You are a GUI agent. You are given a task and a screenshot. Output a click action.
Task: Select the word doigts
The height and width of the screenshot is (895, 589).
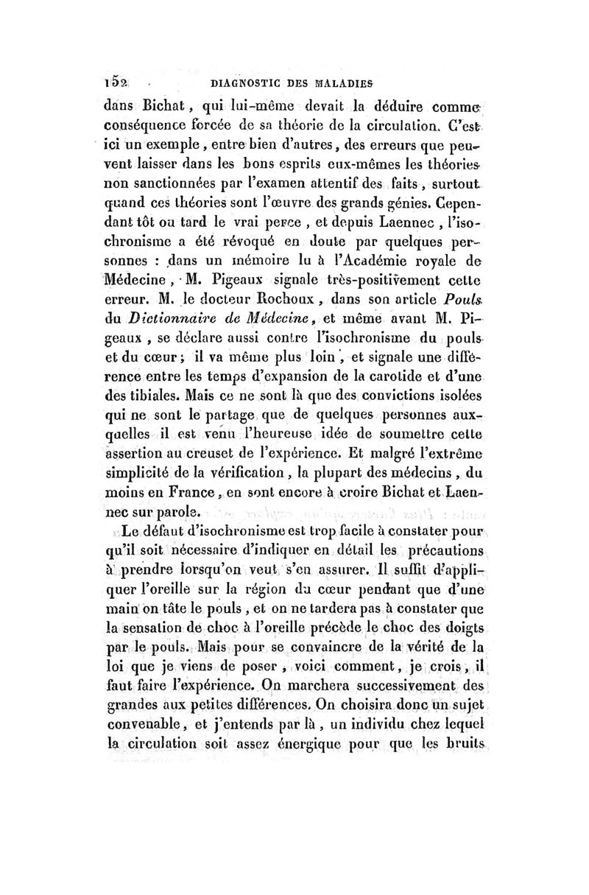tap(456, 609)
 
